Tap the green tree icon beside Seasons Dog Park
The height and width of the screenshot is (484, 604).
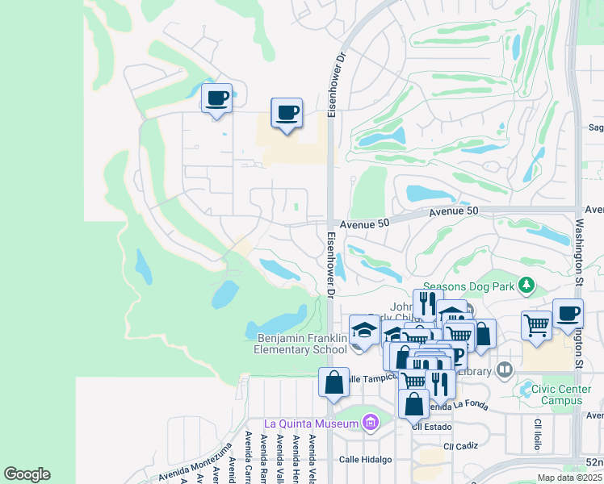coord(526,285)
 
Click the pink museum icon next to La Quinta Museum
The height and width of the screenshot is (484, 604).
coord(371,422)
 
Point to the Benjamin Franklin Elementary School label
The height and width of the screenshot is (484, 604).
coord(301,344)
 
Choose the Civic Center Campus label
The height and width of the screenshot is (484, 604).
coord(562,394)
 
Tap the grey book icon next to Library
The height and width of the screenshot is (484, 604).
coord(505,369)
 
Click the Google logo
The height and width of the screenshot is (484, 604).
coord(27,474)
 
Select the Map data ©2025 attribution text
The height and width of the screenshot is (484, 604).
coord(570,478)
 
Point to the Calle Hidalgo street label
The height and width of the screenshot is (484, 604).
coord(365,459)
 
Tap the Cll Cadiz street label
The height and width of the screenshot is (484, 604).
coord(459,445)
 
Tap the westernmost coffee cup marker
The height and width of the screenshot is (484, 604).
coord(216,98)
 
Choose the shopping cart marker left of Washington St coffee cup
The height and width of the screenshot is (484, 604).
coord(536,324)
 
